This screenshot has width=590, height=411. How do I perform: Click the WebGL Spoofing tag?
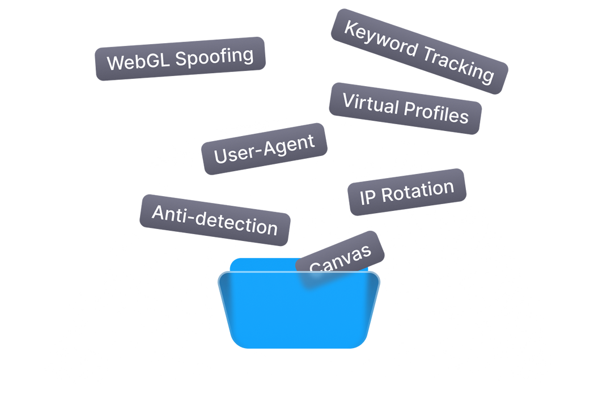(x=180, y=58)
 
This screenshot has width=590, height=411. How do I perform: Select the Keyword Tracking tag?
(x=419, y=51)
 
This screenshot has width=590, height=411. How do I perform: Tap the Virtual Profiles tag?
(x=405, y=108)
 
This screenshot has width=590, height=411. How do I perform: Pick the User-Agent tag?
(x=264, y=149)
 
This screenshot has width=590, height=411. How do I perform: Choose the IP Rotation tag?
(x=407, y=192)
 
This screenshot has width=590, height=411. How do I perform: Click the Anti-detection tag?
(x=215, y=220)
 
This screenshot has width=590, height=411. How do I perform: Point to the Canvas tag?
(x=341, y=258)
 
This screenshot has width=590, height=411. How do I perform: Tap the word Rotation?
(x=418, y=191)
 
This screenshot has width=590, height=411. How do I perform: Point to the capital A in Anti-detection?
(x=160, y=213)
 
